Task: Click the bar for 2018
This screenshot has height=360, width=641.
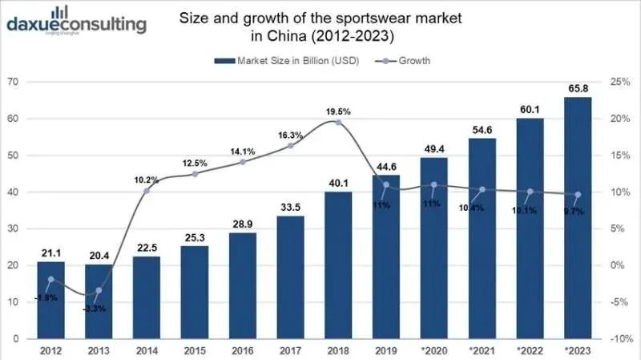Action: point(338,265)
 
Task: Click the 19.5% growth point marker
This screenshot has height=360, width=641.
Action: point(338,122)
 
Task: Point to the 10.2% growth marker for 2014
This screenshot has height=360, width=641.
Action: point(147,191)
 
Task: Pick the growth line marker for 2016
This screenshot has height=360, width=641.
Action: point(243,162)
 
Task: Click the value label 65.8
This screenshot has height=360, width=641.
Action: point(578,88)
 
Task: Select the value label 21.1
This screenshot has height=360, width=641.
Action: point(50,253)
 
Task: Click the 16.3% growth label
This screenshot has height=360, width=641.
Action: point(290,136)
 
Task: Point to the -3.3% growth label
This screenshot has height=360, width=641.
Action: point(96,307)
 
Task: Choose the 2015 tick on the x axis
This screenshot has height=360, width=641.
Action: point(195,350)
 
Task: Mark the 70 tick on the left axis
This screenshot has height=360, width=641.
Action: point(14,82)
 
